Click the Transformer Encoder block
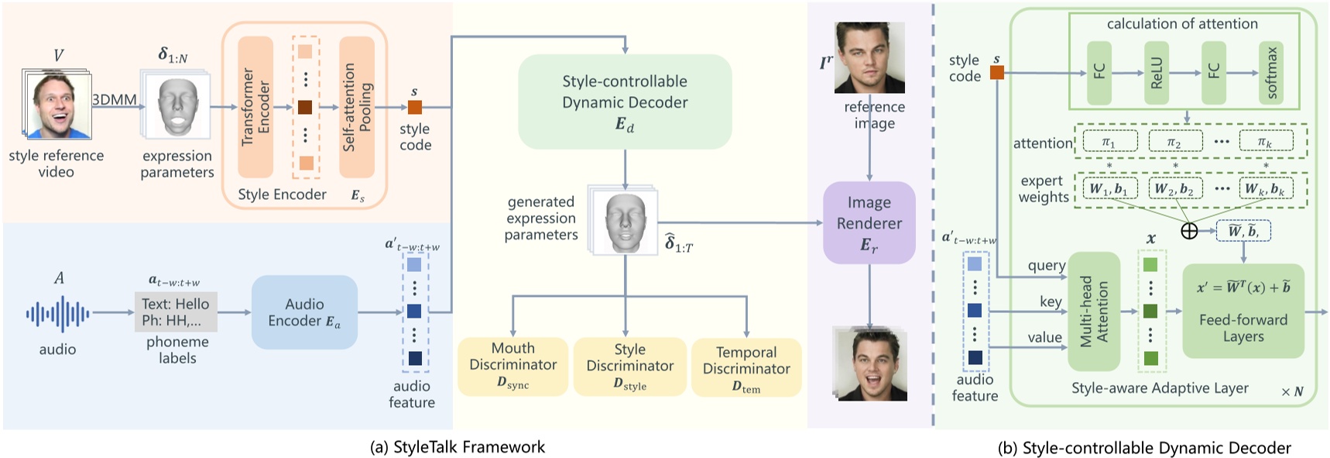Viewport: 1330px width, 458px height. point(255,107)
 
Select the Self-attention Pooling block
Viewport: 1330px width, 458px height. point(357,107)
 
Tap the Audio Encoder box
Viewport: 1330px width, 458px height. point(304,312)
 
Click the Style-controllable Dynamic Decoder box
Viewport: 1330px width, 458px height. point(625,102)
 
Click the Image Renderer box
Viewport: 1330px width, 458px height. point(869,223)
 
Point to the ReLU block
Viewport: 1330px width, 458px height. point(1157,73)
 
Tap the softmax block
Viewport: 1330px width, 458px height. point(1270,73)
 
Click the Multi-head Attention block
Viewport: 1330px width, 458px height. point(1094,312)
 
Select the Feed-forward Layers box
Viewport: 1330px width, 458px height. point(1243,312)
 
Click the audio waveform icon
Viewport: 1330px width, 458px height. point(58,314)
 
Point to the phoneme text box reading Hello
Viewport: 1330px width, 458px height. point(176,312)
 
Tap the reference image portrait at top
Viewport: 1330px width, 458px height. point(869,58)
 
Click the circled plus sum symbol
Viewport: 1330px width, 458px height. point(1188,231)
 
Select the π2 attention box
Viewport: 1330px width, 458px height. point(1174,142)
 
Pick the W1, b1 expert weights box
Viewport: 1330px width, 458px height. point(1109,189)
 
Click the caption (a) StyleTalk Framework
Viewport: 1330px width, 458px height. point(458,447)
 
